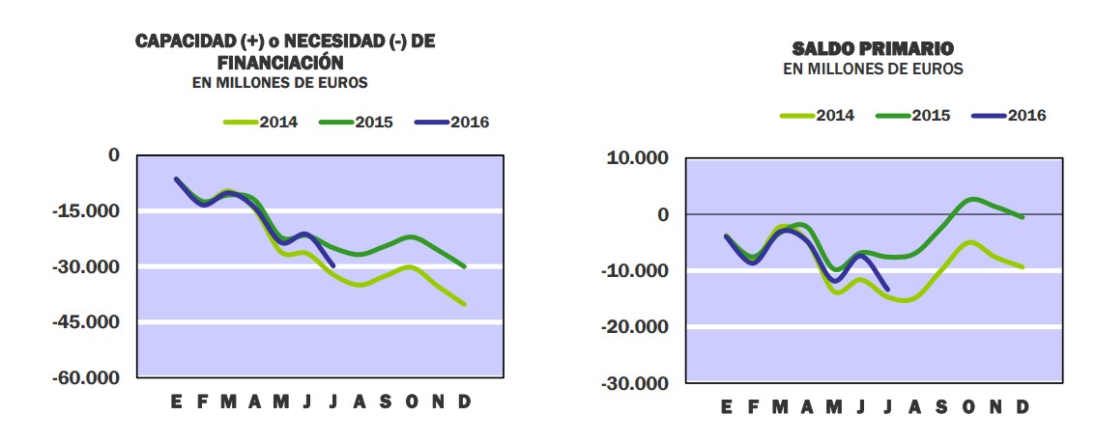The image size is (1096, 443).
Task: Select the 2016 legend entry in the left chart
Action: coord(451,123)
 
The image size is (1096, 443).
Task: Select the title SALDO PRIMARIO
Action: coord(873,48)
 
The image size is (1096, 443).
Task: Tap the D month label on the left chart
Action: coord(464,401)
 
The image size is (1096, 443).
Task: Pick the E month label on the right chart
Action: coord(726,407)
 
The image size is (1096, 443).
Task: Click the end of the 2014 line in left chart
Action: coord(465,304)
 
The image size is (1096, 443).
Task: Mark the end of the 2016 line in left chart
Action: coord(333,265)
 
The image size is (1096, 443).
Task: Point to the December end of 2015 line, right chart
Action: coord(1023,218)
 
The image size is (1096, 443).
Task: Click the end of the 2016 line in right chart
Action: coord(887,289)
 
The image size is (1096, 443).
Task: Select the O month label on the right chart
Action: coord(968,407)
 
